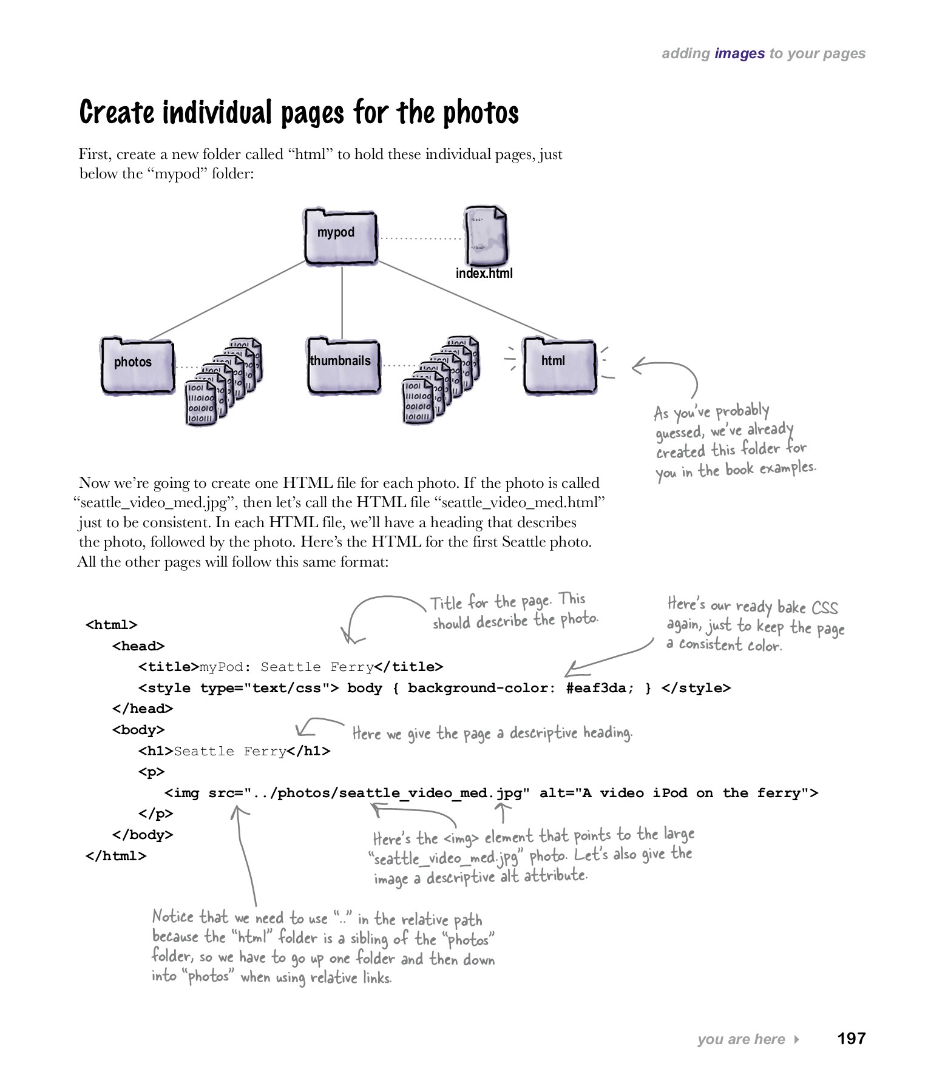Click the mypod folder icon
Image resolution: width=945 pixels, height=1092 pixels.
(340, 237)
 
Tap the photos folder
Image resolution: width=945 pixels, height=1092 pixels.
(137, 365)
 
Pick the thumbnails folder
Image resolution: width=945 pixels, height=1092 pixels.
(343, 365)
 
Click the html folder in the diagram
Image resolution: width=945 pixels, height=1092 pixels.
(559, 365)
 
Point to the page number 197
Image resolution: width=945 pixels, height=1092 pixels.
(851, 1038)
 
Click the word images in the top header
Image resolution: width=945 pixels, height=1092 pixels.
(739, 53)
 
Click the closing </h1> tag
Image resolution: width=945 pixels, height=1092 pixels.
(308, 751)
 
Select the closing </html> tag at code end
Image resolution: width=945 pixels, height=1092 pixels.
(116, 855)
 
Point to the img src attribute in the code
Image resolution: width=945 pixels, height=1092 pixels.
(226, 793)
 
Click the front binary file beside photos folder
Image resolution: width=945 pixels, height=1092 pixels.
(201, 403)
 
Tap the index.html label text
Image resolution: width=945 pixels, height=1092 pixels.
(484, 274)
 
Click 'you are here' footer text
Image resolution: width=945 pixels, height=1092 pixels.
(741, 1039)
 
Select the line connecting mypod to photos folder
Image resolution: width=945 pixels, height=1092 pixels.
(228, 300)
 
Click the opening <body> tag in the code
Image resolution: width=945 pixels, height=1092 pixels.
(138, 730)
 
